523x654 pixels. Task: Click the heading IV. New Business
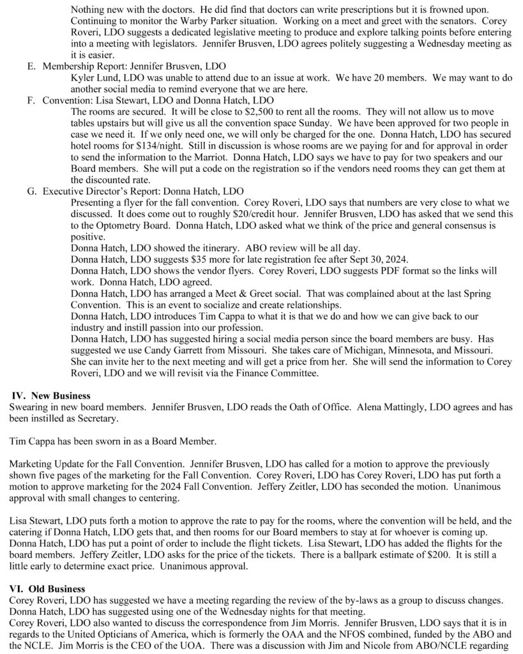tap(52, 396)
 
